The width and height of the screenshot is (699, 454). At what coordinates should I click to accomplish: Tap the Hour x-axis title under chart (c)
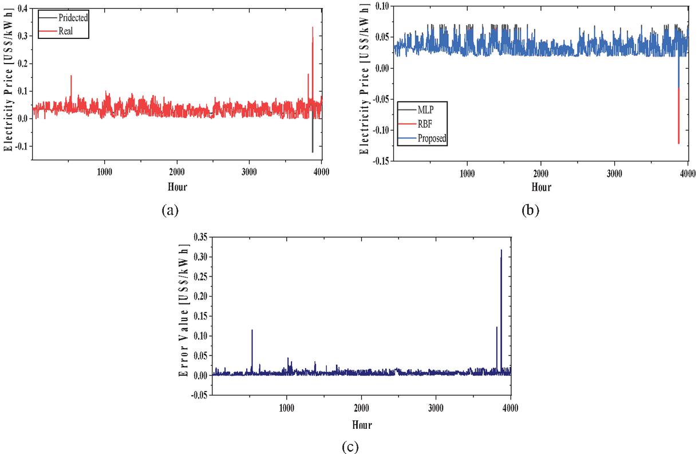[361, 425]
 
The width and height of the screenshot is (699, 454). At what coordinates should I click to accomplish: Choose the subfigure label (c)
[350, 446]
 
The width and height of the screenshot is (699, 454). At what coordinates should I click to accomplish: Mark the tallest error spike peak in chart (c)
[501, 250]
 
